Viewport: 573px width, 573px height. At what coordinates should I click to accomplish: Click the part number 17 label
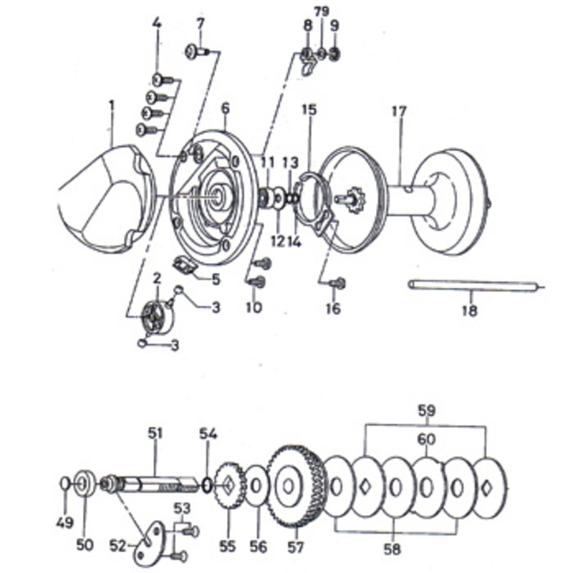tap(399, 111)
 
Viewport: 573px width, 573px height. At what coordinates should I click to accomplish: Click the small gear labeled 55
tap(230, 486)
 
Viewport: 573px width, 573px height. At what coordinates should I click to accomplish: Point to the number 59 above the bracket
tap(426, 410)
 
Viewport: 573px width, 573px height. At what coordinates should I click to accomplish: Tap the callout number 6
tap(226, 109)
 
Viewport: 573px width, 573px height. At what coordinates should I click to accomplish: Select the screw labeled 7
tap(196, 51)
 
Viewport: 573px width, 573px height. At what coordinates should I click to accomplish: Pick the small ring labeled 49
tap(64, 483)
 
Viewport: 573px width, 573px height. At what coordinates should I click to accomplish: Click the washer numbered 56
tap(256, 486)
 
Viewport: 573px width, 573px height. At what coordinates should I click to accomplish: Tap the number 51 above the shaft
tap(155, 433)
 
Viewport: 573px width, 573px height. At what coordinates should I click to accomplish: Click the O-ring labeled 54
tap(206, 486)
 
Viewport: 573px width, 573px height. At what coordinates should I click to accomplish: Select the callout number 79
tap(322, 12)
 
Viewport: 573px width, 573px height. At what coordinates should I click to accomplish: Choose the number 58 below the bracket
tap(393, 549)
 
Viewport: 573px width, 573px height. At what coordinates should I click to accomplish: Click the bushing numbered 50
tap(85, 484)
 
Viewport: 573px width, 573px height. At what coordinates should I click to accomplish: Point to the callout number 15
tap(309, 110)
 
